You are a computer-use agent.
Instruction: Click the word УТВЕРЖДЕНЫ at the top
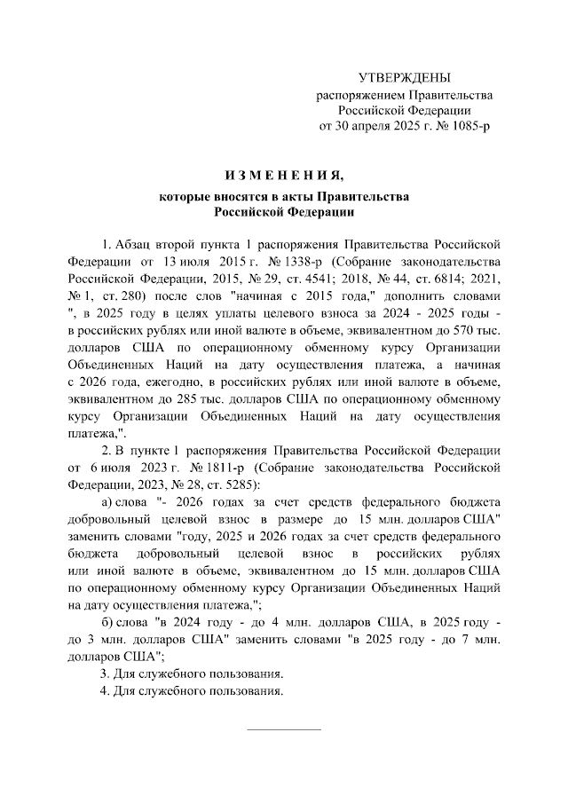404,79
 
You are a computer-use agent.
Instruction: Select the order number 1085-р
467,127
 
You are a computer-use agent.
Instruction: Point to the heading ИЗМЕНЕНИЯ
284,173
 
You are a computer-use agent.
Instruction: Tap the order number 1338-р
305,263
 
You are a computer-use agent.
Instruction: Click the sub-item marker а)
111,503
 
